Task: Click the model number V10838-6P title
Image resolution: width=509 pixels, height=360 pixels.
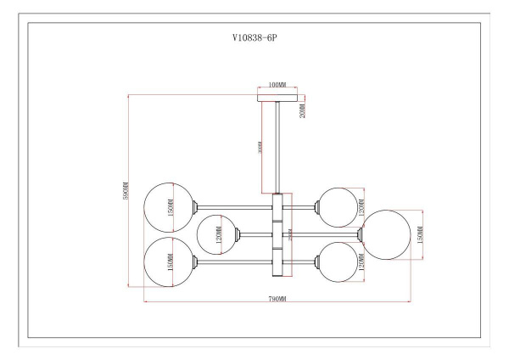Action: [x=255, y=39]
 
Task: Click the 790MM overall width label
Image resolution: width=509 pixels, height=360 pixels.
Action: [x=277, y=300]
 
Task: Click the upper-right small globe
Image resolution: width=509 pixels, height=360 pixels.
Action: [x=337, y=205]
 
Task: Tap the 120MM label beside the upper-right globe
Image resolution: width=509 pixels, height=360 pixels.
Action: [x=361, y=206]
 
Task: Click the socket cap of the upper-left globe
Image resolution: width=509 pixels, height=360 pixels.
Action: [x=198, y=206]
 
